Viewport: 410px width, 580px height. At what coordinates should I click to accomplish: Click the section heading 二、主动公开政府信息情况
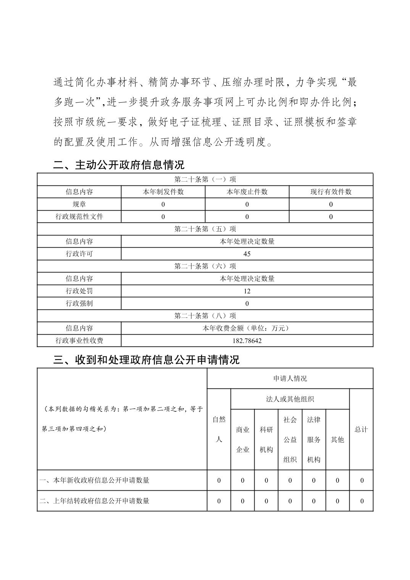point(119,165)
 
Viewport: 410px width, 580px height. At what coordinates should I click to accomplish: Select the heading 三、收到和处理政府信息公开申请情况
point(146,360)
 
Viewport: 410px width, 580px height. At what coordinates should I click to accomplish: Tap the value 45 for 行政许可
point(247,254)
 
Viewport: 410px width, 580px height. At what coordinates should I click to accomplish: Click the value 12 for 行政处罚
point(247,291)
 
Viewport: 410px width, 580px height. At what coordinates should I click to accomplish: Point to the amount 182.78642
point(247,341)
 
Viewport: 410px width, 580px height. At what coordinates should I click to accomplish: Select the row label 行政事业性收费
point(79,341)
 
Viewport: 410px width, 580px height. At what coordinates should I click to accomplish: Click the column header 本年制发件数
point(163,192)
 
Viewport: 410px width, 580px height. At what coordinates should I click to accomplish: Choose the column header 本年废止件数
point(247,192)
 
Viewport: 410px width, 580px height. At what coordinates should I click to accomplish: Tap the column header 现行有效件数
point(331,192)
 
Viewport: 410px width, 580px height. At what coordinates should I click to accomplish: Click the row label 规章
point(79,204)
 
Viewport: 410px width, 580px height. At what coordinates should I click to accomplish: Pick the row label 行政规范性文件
point(79,217)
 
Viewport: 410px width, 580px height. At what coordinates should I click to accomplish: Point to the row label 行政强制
point(79,303)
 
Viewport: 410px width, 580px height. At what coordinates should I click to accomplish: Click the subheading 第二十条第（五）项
point(205,229)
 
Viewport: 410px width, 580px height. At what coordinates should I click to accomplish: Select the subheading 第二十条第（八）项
point(205,316)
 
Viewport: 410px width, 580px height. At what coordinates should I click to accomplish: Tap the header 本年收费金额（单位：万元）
point(247,328)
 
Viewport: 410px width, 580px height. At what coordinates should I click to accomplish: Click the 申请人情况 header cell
point(290,379)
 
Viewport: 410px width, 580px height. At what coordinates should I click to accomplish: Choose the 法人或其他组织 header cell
point(290,399)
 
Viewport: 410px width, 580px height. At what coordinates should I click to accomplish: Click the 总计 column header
point(361,429)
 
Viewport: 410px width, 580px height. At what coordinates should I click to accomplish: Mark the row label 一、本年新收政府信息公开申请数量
point(94,480)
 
